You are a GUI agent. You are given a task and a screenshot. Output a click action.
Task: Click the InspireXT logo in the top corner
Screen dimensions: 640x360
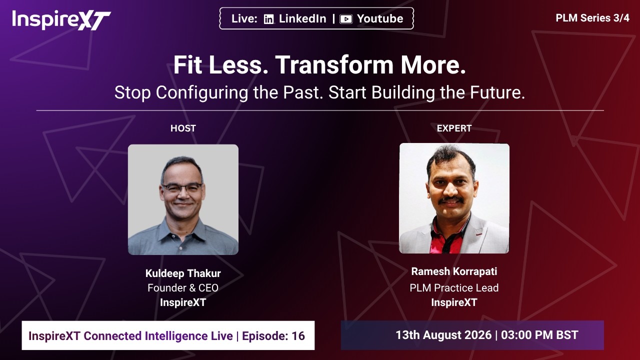(x=61, y=19)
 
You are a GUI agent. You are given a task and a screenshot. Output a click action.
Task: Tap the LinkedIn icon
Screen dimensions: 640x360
(x=268, y=19)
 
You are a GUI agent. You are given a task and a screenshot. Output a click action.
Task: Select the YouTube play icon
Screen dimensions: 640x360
(x=345, y=19)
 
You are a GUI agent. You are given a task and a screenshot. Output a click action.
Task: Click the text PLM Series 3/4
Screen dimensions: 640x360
(x=592, y=18)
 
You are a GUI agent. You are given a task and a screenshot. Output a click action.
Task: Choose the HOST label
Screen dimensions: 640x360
(x=183, y=128)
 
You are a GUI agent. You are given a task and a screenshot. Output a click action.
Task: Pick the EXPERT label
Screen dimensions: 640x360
(x=454, y=128)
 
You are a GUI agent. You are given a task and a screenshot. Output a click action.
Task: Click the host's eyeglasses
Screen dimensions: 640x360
(x=182, y=188)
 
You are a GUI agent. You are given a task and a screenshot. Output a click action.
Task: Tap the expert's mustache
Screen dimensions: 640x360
(x=451, y=199)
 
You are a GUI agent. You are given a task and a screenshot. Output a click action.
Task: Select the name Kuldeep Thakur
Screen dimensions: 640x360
(x=183, y=273)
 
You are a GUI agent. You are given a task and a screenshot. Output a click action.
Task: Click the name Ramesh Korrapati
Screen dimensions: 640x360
(x=454, y=271)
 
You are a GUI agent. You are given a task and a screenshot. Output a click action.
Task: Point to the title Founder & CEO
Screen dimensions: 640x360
(x=183, y=287)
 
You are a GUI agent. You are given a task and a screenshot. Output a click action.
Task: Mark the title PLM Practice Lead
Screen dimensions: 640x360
(x=454, y=287)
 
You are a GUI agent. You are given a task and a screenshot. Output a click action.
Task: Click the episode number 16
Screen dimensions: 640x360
(x=298, y=335)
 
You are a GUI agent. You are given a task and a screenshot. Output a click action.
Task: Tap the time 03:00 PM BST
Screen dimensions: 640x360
(x=539, y=335)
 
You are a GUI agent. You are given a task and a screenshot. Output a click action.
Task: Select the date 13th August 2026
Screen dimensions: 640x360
(x=443, y=335)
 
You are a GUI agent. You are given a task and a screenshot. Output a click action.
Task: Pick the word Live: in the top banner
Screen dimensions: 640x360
(x=244, y=19)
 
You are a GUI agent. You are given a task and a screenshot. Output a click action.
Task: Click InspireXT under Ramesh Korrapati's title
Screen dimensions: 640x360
(x=454, y=302)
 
